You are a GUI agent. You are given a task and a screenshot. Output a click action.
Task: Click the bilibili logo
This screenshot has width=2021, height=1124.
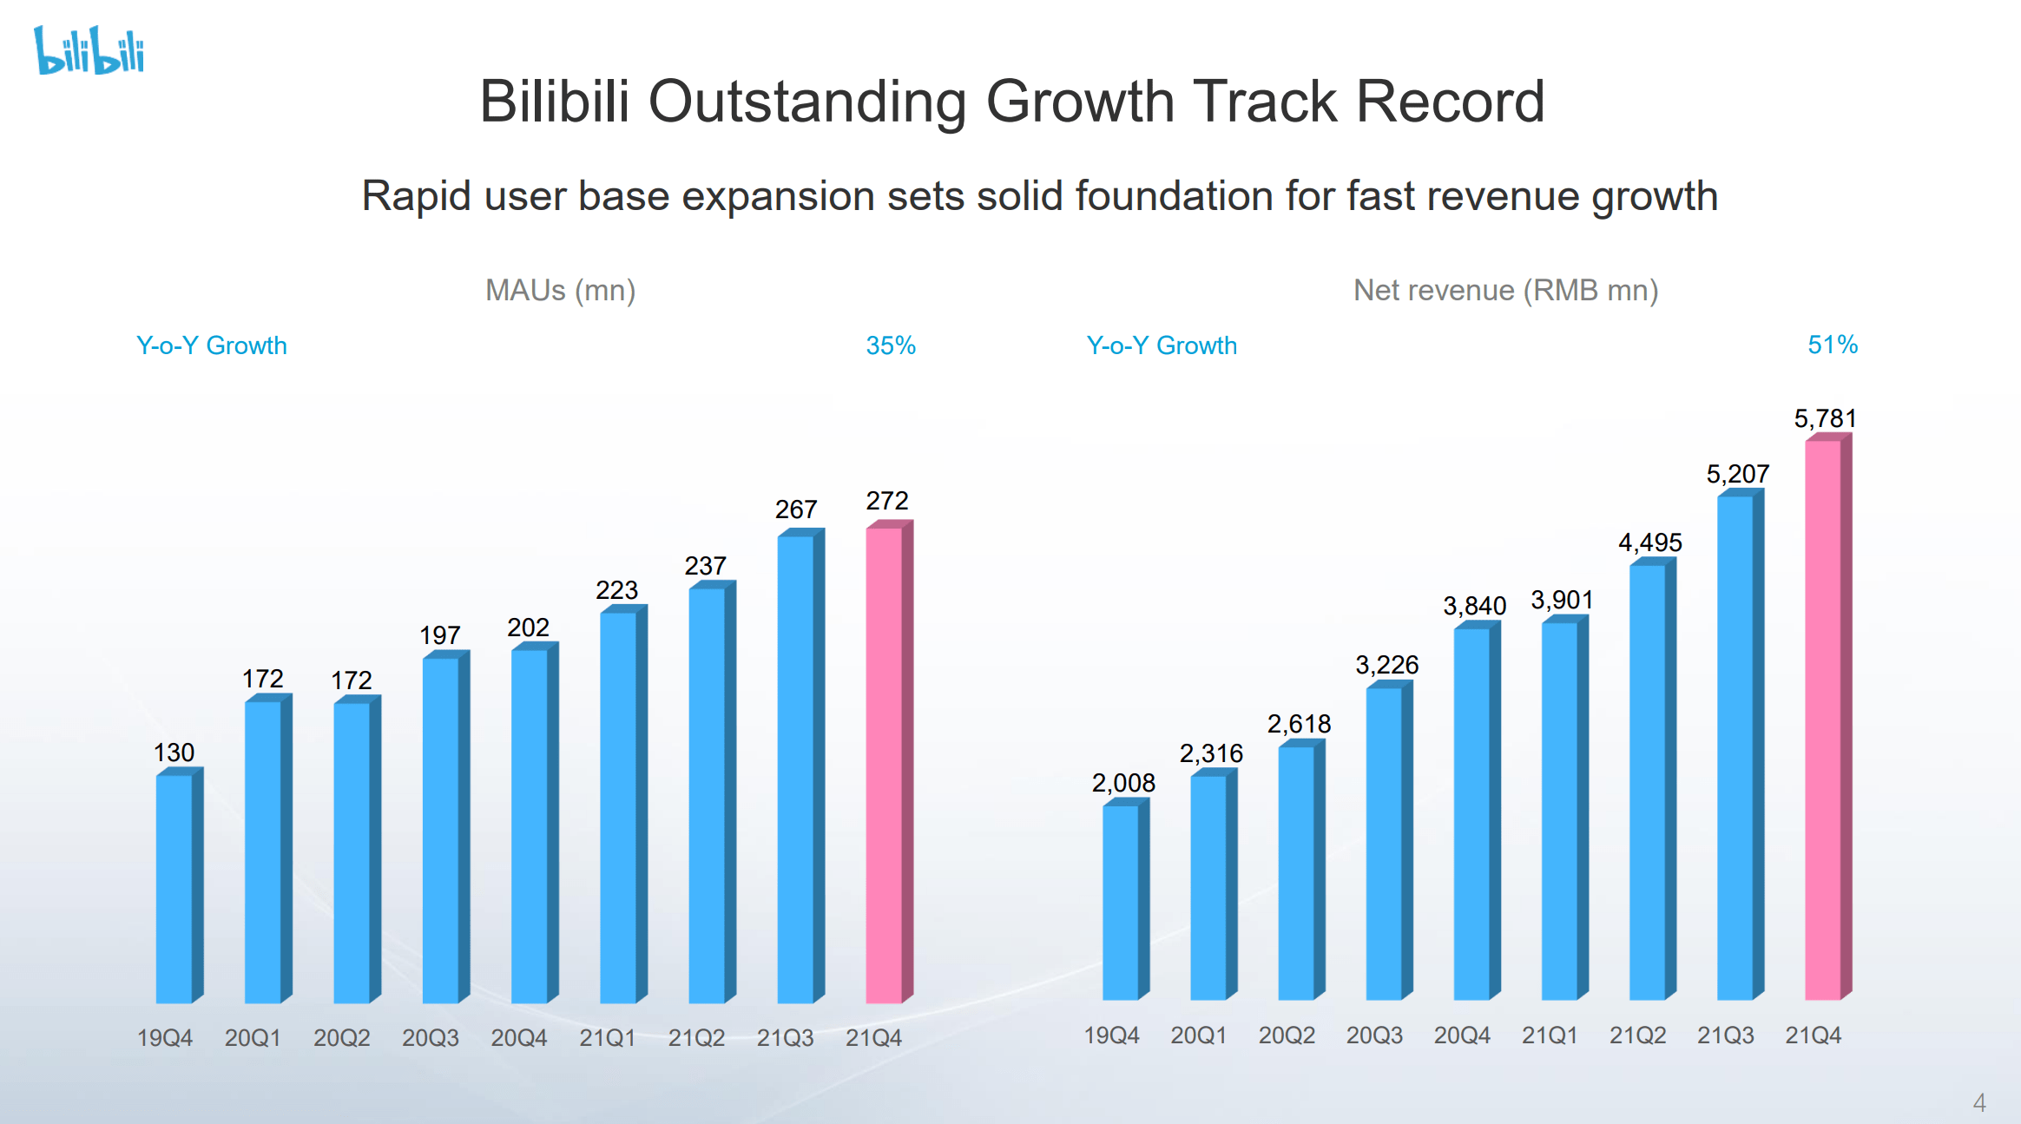89,50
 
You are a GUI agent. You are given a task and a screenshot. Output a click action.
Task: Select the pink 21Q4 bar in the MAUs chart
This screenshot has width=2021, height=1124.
885,764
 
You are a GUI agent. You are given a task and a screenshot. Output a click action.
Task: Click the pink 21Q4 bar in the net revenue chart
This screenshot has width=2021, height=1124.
1823,720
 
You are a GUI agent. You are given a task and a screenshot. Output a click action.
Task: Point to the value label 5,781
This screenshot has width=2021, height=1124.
1825,418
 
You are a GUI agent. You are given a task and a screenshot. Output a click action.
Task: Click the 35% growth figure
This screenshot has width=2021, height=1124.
891,345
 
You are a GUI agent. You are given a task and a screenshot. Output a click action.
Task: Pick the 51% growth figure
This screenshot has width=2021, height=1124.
1832,345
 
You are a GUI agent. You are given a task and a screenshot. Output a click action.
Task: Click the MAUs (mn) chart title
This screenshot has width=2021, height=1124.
560,290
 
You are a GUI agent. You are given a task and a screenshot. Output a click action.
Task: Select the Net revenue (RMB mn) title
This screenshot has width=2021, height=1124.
1505,290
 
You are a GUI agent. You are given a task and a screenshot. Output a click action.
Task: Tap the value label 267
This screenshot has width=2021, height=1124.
795,509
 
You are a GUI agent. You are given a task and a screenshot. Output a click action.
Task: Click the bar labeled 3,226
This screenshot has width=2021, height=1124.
1384,842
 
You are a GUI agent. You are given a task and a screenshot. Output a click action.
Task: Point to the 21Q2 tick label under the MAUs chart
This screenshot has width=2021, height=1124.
696,1037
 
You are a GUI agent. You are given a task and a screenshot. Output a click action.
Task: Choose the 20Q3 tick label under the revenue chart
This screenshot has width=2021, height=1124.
1374,1035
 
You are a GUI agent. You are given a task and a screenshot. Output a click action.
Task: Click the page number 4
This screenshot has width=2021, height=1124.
1979,1102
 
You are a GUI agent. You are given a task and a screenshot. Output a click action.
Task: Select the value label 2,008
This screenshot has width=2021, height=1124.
1123,783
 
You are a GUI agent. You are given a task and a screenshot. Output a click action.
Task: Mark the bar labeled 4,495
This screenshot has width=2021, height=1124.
1648,781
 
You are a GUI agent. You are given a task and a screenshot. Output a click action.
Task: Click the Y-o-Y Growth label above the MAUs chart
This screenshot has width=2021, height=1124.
211,345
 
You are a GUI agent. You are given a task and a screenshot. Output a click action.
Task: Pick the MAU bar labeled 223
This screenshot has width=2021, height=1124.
618,807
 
